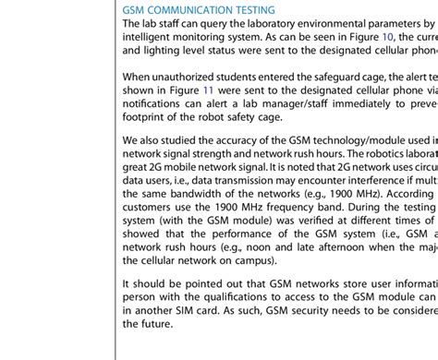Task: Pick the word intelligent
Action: pos(152,36)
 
